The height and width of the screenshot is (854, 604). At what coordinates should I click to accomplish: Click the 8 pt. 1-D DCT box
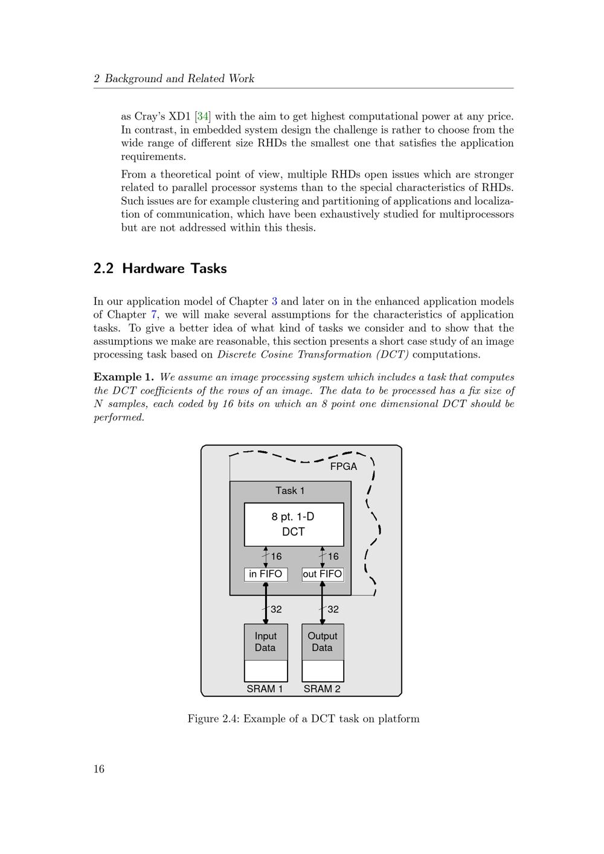pos(294,524)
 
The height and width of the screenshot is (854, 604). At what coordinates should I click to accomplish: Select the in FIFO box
pos(266,574)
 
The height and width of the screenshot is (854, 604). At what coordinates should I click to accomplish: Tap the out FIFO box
pos(323,574)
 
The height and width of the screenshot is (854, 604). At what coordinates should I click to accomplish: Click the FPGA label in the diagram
pos(343,467)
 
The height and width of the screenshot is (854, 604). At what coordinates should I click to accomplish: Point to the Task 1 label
pos(290,490)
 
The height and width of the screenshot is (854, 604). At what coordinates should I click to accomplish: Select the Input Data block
pos(266,642)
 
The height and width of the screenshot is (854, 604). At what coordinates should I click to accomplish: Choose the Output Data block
pos(323,642)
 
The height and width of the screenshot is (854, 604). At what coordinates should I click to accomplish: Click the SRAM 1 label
pos(265,689)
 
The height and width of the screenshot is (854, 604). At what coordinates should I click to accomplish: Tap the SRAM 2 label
pos(322,689)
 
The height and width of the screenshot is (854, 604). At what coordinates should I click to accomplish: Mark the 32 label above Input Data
pos(276,609)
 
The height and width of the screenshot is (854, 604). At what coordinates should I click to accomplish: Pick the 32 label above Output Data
pos(333,609)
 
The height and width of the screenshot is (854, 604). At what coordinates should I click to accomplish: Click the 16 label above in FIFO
pos(276,557)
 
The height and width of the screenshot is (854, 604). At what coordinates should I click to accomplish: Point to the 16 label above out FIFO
pos(333,557)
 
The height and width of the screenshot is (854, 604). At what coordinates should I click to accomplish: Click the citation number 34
pos(203,116)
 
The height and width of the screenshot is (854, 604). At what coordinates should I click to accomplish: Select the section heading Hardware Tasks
pos(175,268)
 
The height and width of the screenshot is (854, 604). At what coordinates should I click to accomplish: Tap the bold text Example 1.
pos(124,377)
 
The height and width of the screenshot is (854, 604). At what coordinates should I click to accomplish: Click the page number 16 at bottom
pos(99,769)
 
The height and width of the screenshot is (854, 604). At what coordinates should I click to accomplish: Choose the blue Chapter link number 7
pos(153,315)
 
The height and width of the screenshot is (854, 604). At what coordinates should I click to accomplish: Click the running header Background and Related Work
pos(179,79)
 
